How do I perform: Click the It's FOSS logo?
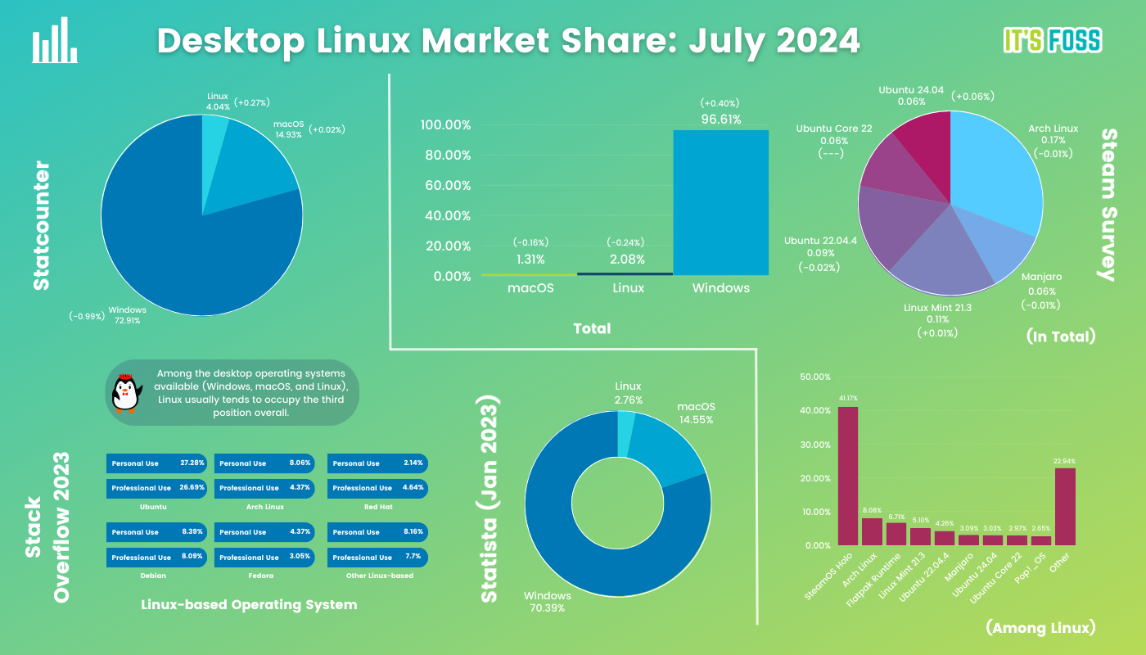point(1052,40)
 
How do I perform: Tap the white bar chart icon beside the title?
point(55,42)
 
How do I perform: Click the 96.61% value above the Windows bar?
point(720,120)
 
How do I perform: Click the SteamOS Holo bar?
point(848,475)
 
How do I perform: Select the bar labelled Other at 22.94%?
point(1064,506)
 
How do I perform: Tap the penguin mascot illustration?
point(126,393)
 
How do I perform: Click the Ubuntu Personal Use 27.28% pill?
point(156,463)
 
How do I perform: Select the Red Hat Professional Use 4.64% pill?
point(377,488)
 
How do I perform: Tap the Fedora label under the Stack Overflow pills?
point(264,576)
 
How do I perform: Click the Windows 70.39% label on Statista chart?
point(548,602)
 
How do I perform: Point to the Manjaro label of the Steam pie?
point(1041,278)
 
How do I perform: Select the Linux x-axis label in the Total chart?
point(629,288)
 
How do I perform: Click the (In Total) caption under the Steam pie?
point(1060,336)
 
